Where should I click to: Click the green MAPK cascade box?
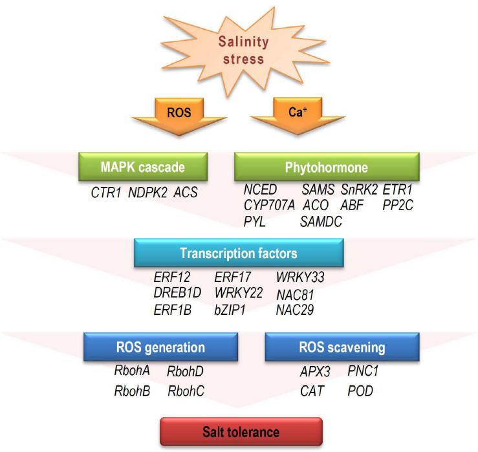pyautogui.click(x=142, y=168)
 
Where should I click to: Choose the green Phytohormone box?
pyautogui.click(x=326, y=168)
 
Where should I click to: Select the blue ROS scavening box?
pyautogui.click(x=332, y=347)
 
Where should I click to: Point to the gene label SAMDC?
pyautogui.click(x=321, y=222)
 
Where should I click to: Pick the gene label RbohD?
pyautogui.click(x=185, y=371)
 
